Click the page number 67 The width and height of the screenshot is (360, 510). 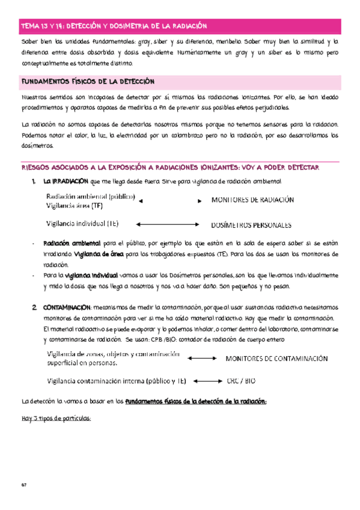click(x=23, y=485)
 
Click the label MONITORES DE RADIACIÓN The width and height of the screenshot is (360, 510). click(x=252, y=200)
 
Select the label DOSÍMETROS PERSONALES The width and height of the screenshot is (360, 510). click(x=251, y=226)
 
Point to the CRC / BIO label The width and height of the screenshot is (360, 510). click(x=241, y=381)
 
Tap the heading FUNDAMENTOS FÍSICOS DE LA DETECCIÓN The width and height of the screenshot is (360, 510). click(x=88, y=81)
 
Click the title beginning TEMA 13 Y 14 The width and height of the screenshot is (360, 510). click(x=114, y=26)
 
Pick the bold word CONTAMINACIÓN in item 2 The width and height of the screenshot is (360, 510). click(x=67, y=307)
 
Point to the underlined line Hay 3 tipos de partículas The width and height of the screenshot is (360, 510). click(x=55, y=419)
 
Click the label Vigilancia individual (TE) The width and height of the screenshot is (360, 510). click(x=82, y=224)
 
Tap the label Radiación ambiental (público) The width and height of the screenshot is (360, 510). click(x=90, y=196)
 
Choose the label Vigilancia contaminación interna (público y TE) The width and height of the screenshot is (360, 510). click(x=117, y=381)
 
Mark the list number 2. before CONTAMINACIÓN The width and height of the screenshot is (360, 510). click(x=35, y=307)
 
